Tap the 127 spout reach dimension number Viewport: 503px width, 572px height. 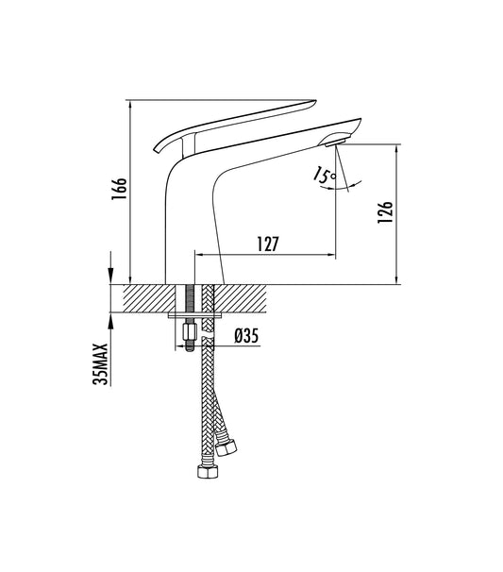point(266,244)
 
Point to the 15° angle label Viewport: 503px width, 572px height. point(325,175)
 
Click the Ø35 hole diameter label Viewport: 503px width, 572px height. point(246,334)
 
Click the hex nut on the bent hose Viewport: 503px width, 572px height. point(226,445)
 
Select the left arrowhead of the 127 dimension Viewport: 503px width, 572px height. point(198,255)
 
